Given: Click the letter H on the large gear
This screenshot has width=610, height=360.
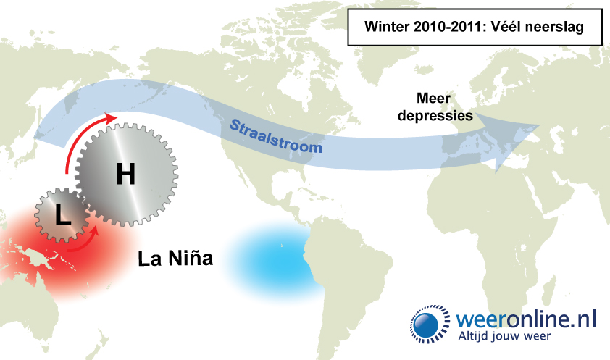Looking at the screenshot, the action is tap(126, 174).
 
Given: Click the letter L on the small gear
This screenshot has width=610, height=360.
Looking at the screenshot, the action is tap(63, 214).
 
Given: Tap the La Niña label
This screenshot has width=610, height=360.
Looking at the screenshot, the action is tap(175, 258).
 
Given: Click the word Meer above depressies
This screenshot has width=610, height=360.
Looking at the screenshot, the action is tap(433, 98).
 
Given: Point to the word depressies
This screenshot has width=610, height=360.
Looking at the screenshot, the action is tap(435, 115).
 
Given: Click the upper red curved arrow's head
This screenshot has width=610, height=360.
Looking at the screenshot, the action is tap(110, 118).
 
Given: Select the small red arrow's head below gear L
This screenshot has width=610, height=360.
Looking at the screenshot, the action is tap(94, 230).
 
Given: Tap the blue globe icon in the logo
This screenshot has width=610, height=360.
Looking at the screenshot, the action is tap(426, 325).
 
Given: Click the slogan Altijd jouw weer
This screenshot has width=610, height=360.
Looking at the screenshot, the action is tap(504, 336).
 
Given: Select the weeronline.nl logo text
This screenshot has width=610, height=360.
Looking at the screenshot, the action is tap(525, 319).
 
